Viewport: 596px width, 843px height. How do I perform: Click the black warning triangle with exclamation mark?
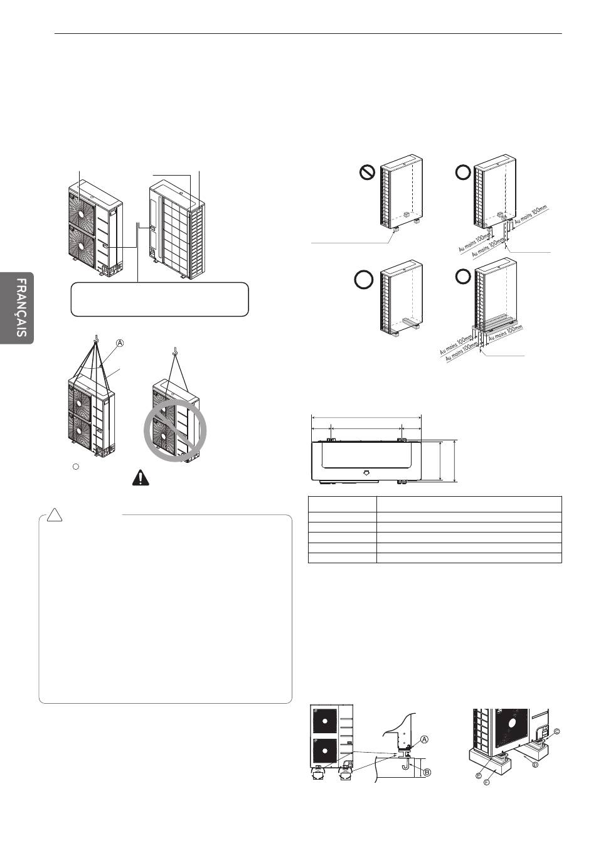click(x=141, y=477)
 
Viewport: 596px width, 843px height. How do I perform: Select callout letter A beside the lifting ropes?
click(x=119, y=343)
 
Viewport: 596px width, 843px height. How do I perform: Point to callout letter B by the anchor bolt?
click(x=427, y=772)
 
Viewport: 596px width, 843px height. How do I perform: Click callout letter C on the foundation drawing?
click(x=556, y=731)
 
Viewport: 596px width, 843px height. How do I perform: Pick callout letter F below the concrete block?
click(x=486, y=784)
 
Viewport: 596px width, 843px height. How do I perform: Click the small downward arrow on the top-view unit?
click(x=367, y=472)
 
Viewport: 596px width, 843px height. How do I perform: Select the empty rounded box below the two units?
click(x=161, y=299)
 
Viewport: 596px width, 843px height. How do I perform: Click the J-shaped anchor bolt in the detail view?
click(x=406, y=766)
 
